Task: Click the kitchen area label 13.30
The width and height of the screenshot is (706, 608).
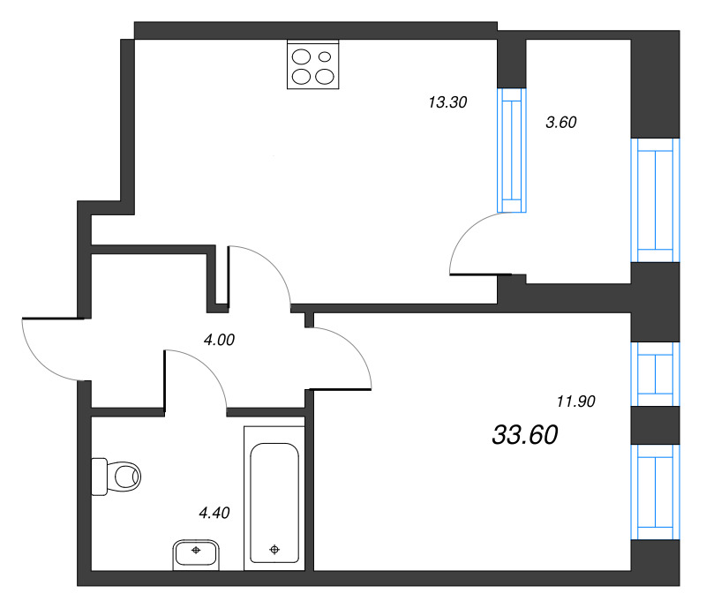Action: (x=447, y=102)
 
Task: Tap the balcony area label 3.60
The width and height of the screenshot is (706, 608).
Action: (x=560, y=124)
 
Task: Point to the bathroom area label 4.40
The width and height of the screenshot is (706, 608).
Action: (x=214, y=513)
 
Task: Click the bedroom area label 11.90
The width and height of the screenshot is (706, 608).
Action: (x=576, y=402)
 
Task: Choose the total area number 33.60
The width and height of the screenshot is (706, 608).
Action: (x=525, y=434)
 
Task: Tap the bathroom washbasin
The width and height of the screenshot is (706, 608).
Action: (x=196, y=553)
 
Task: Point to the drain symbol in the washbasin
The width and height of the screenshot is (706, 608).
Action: (x=196, y=550)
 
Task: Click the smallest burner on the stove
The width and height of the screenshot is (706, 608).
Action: (x=324, y=58)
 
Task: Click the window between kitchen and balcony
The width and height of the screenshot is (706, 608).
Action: (x=511, y=150)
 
